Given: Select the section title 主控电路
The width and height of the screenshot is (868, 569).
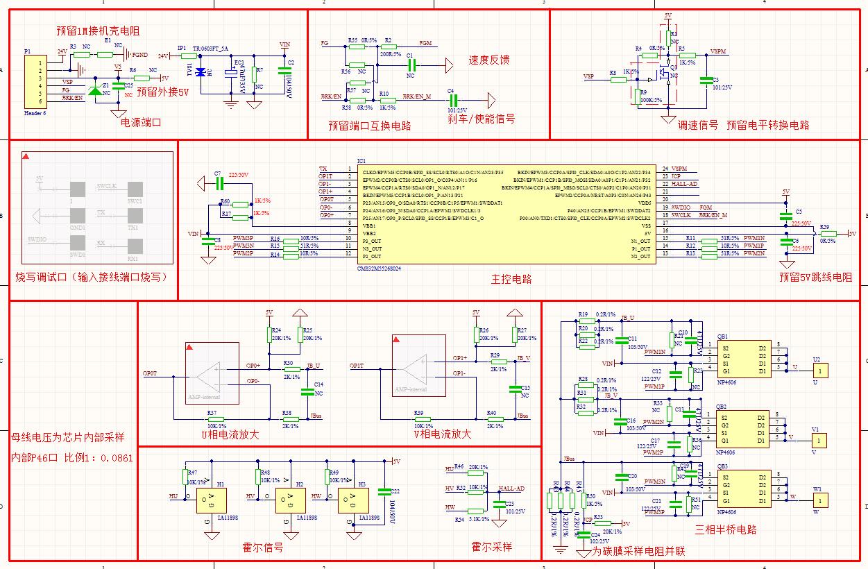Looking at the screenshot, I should (512, 279).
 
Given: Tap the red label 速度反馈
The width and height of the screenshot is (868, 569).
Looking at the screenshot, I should (489, 60).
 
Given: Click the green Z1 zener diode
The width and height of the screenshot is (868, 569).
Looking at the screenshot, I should (95, 90).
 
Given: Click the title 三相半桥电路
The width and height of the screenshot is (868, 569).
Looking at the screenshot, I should (726, 529).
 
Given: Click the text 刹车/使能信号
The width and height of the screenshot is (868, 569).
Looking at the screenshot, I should (482, 119).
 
